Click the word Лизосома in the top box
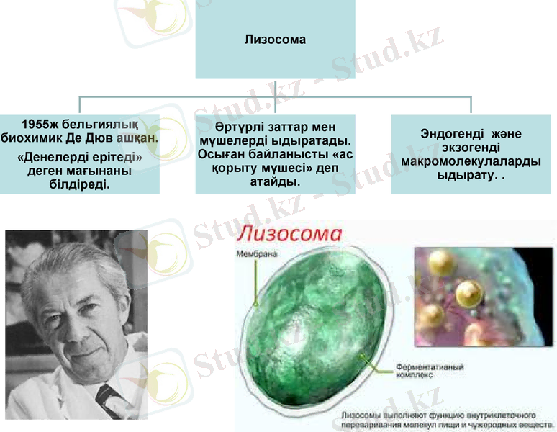[275, 39]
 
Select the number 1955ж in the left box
[42, 124]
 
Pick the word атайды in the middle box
[273, 182]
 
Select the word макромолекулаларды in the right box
[471, 161]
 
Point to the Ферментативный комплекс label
[430, 372]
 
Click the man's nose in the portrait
[65, 325]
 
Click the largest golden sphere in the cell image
[468, 292]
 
